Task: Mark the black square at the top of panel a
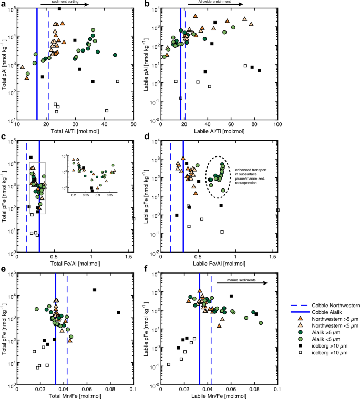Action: tap(59, 9)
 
